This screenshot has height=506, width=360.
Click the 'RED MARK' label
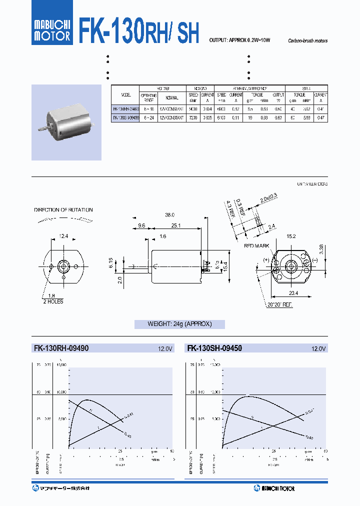click(257, 246)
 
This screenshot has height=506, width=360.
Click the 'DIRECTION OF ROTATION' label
click(63, 210)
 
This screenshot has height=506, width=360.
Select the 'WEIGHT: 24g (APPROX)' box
click(179, 324)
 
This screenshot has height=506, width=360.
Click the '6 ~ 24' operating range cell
click(148, 117)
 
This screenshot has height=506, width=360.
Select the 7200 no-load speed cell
click(193, 117)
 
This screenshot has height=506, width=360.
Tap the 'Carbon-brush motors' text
click(307, 41)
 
